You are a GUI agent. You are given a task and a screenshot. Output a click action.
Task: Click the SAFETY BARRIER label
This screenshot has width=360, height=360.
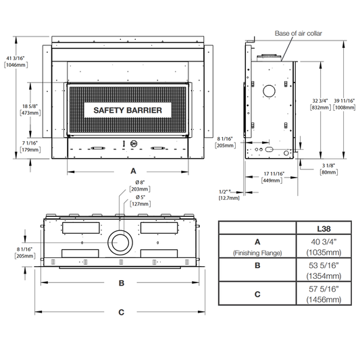click(128, 110)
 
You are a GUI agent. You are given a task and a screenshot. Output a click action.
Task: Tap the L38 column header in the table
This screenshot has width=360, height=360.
click(324, 229)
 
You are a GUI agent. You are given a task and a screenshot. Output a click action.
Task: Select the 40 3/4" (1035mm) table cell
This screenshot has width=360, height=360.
click(324, 247)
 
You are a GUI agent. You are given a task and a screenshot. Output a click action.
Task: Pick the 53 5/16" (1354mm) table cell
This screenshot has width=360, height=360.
click(324, 270)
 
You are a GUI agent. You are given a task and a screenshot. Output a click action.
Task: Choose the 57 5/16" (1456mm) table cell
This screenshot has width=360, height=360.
click(324, 294)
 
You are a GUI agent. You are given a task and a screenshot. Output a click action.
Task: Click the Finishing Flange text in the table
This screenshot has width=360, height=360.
click(257, 253)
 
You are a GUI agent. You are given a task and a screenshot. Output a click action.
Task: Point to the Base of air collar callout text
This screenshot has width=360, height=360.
click(299, 34)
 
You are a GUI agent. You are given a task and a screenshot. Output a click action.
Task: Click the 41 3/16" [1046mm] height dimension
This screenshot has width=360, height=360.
click(16, 61)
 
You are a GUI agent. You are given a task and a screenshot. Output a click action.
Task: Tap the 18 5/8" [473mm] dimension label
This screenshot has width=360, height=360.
click(30, 109)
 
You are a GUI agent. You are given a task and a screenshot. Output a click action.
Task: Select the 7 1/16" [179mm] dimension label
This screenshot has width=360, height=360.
click(30, 147)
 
